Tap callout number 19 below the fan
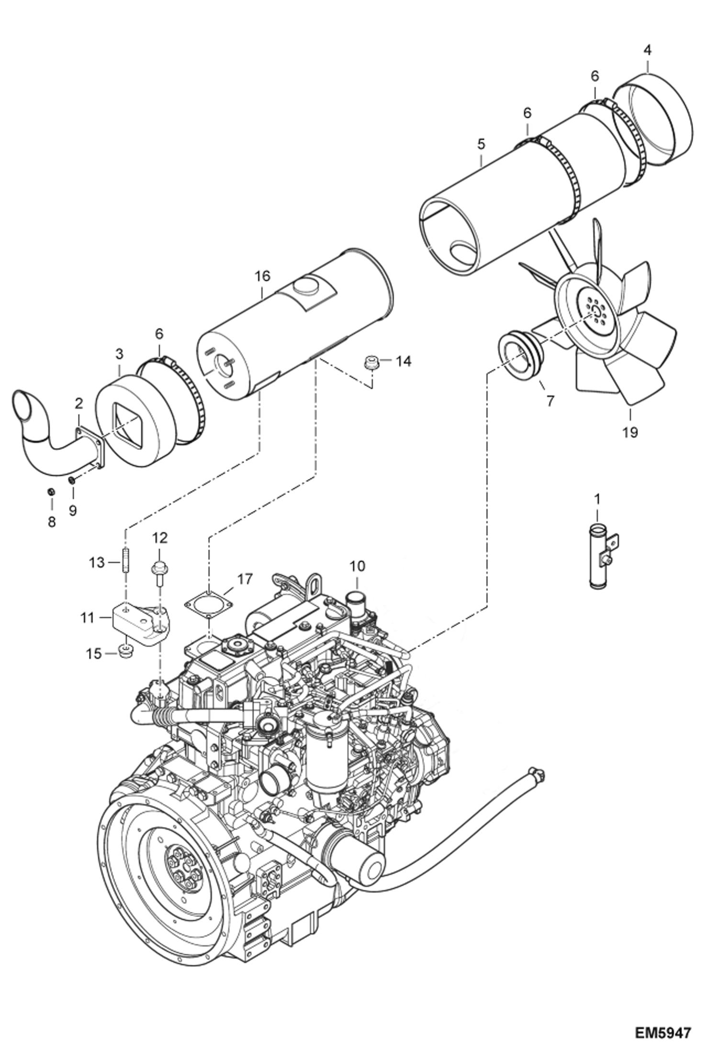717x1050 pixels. tap(630, 432)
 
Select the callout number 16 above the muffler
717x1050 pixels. tap(262, 276)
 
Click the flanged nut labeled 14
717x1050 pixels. tap(370, 362)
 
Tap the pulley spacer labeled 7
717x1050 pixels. tap(518, 357)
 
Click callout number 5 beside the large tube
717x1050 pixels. tap(481, 144)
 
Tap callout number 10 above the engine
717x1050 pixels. tap(357, 566)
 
